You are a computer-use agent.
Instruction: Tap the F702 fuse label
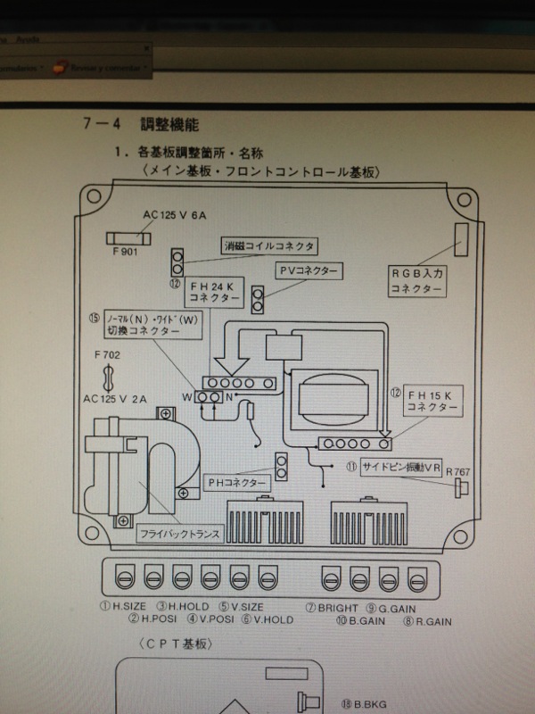click(108, 355)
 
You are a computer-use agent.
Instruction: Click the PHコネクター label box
click(239, 482)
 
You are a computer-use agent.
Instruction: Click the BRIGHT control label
click(336, 606)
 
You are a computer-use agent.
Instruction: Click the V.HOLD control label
click(274, 617)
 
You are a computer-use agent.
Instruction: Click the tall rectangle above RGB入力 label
click(462, 239)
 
